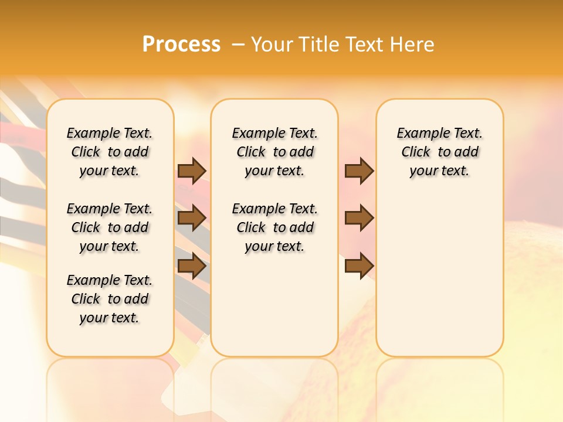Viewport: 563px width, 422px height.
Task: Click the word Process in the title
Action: [181, 45]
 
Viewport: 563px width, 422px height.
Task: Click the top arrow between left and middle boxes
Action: [192, 171]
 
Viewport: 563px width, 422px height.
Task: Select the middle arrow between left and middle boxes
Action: [192, 218]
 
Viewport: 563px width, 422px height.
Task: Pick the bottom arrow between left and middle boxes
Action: [192, 266]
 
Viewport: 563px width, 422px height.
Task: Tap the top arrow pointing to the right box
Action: [359, 171]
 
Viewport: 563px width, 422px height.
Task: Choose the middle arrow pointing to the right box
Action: [359, 218]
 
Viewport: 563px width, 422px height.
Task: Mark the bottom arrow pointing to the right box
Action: [359, 266]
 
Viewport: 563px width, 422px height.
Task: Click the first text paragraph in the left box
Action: [110, 152]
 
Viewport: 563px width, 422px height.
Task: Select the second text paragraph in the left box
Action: [110, 227]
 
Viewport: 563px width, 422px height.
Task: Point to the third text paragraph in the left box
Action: [110, 299]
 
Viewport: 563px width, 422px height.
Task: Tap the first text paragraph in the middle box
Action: [274, 152]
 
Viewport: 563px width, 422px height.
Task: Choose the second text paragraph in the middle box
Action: [274, 227]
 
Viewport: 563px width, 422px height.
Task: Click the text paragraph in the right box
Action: [440, 152]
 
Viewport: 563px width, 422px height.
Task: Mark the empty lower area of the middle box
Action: [274, 305]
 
